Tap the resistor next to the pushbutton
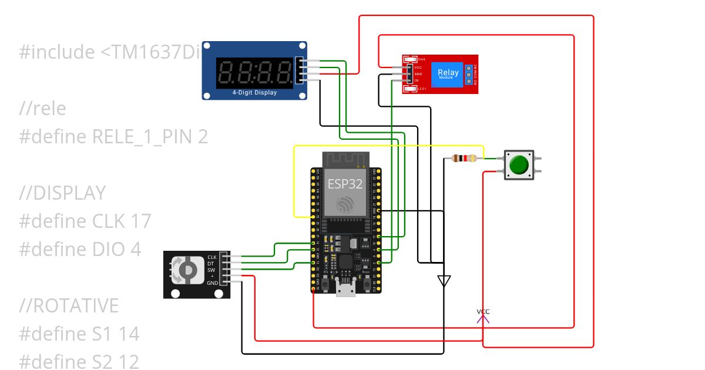point(464,158)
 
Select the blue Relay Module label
point(448,74)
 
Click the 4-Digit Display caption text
point(254,93)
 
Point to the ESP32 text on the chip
point(345,184)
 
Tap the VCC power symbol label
point(483,311)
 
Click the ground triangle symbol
point(444,280)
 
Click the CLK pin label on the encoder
point(212,257)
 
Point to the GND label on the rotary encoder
point(212,282)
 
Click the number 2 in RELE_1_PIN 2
point(203,137)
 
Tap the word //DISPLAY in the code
point(62,193)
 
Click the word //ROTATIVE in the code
point(69,306)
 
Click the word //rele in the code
point(42,109)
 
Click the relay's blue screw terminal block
point(468,75)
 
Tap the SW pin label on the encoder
point(211,270)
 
